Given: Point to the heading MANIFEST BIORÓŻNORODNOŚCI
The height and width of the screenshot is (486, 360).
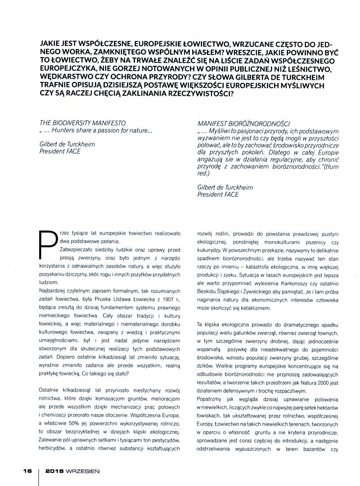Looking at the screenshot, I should coord(244,123).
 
